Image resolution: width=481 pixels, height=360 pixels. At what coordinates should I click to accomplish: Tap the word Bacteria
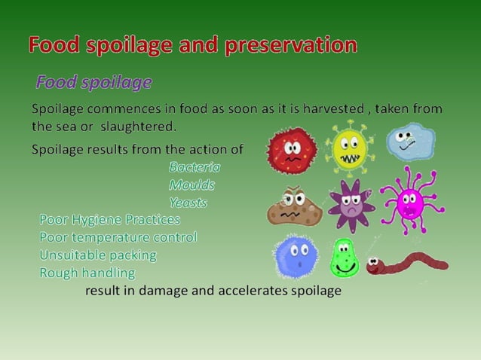tap(195, 167)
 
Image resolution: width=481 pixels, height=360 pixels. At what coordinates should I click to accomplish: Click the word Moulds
tap(191, 185)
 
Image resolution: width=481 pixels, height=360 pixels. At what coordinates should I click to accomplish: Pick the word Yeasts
tap(188, 203)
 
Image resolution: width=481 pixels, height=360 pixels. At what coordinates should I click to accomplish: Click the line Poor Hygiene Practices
tap(110, 220)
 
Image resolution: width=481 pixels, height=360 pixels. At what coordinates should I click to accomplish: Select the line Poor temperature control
tap(118, 237)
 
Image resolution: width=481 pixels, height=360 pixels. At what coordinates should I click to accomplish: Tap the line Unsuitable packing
tap(98, 255)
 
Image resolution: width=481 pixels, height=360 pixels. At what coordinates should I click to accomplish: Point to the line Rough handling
tap(87, 272)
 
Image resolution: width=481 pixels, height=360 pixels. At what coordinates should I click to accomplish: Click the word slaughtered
tap(139, 125)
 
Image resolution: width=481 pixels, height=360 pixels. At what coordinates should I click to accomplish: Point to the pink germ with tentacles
tap(409, 200)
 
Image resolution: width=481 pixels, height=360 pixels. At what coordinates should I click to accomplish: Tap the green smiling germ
tap(345, 258)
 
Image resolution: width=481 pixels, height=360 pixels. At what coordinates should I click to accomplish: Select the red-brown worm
tap(407, 263)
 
